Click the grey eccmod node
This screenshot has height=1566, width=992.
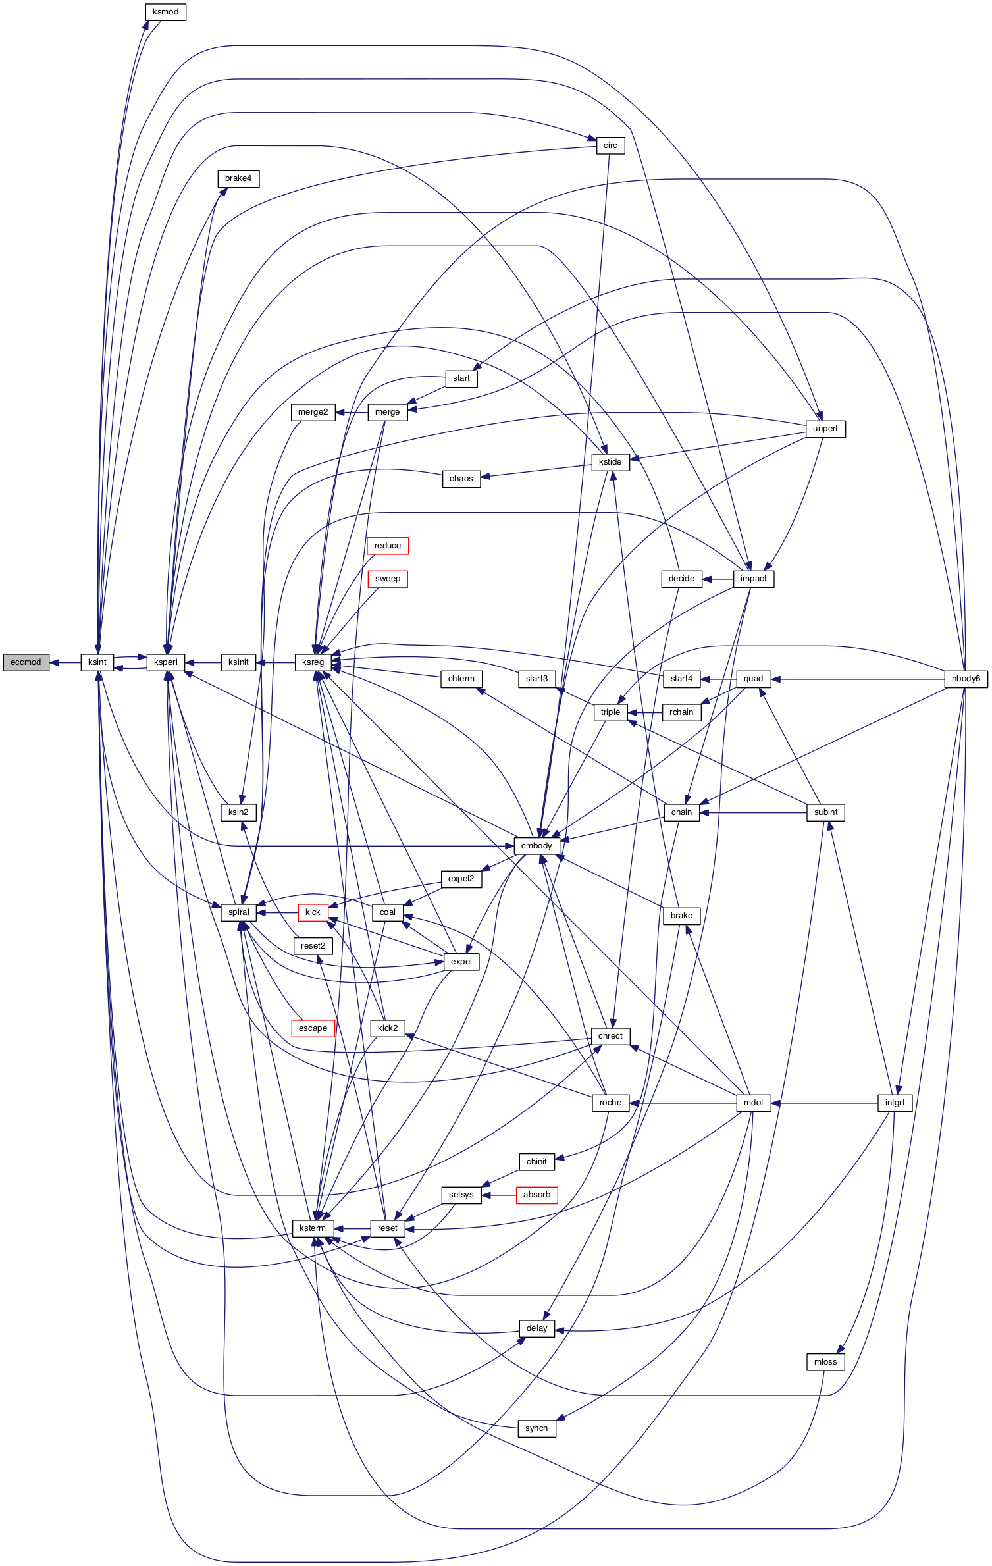26,662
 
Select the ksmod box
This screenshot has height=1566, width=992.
165,12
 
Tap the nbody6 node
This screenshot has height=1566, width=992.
966,679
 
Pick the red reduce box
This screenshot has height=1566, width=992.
388,546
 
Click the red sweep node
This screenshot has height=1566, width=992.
388,579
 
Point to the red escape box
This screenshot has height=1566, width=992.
313,1028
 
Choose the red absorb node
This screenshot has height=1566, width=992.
536,1195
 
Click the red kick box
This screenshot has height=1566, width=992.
313,912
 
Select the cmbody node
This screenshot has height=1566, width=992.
536,846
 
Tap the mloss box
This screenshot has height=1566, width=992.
825,1362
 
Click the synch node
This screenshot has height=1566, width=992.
536,1428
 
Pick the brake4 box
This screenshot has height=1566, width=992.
238,178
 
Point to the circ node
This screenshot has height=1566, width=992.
610,145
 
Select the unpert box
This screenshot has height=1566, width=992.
825,429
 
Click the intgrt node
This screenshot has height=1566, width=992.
895,1103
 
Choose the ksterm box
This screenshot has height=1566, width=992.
313,1228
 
